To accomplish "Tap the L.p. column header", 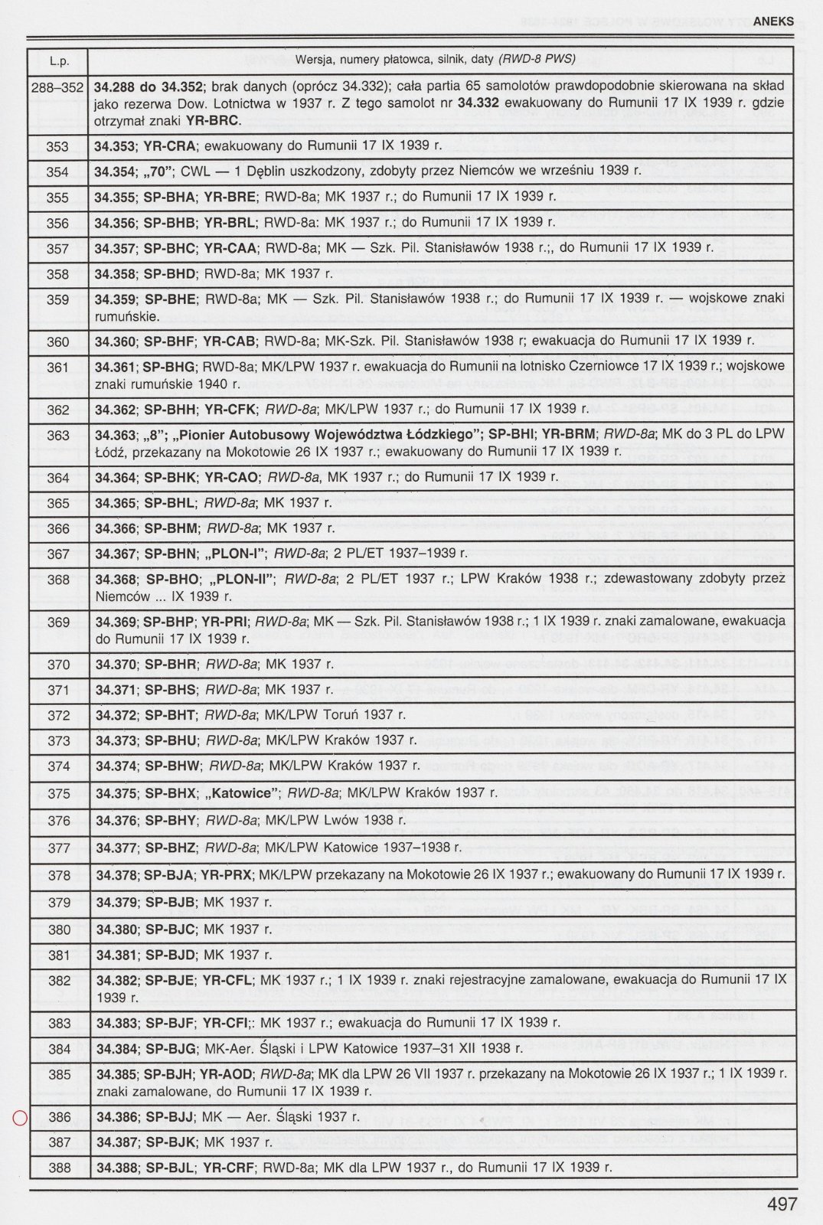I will [x=58, y=60].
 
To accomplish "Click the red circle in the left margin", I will [x=21, y=1119].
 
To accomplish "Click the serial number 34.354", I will [x=113, y=172].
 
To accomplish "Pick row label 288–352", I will [x=58, y=87].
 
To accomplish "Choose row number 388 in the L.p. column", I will [x=58, y=1168].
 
